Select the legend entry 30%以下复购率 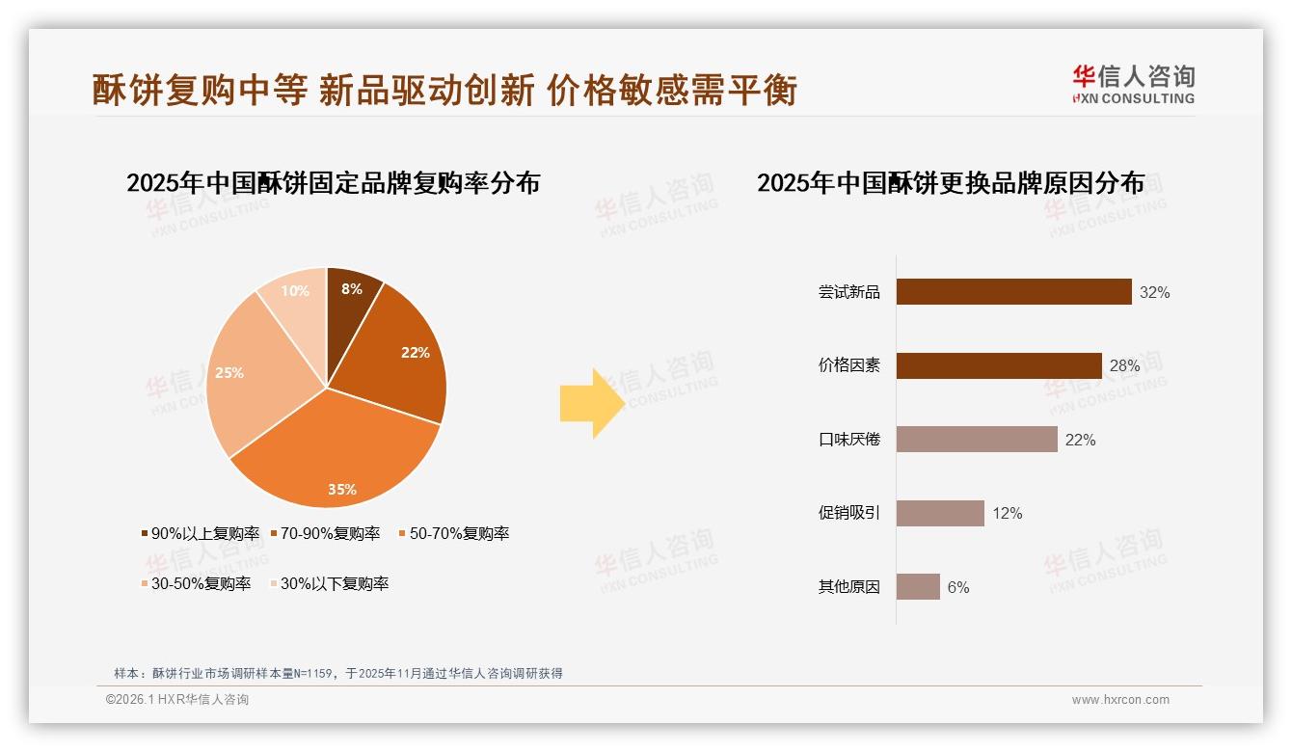pyautogui.click(x=334, y=583)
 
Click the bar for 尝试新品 pyautogui.click(x=1013, y=292)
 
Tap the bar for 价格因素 pyautogui.click(x=999, y=365)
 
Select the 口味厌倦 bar pyautogui.click(x=977, y=440)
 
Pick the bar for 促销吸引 pyautogui.click(x=940, y=513)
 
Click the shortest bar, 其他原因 pyautogui.click(x=918, y=586)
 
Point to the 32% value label pyautogui.click(x=1154, y=292)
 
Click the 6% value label pyautogui.click(x=957, y=587)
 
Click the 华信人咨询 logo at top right pyautogui.click(x=1133, y=85)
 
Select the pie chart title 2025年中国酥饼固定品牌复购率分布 pyautogui.click(x=333, y=182)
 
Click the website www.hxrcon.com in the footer pyautogui.click(x=1120, y=700)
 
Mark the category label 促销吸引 pyautogui.click(x=848, y=513)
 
